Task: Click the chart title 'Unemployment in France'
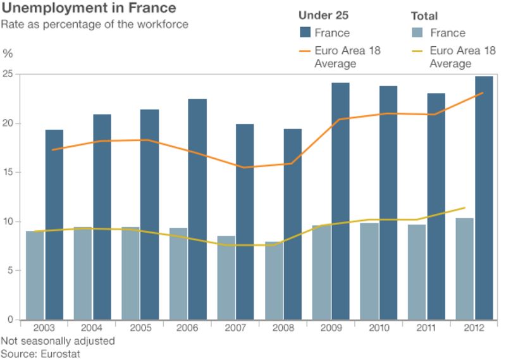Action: tap(89, 9)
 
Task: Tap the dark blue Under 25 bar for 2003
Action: tap(54, 225)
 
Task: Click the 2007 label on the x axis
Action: tap(235, 328)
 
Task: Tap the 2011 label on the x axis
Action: tap(426, 328)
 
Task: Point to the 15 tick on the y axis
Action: tap(7, 173)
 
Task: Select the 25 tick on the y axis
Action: tap(7, 74)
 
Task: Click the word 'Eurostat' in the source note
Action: tap(60, 353)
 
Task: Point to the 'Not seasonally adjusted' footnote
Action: tap(58, 341)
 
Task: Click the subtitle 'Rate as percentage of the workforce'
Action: tap(94, 24)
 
